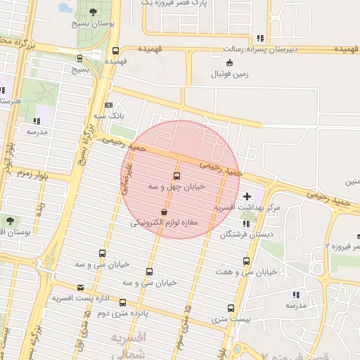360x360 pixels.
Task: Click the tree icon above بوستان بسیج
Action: click(93, 12)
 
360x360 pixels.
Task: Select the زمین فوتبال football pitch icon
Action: click(220, 61)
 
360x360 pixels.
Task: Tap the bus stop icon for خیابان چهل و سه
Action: click(176, 176)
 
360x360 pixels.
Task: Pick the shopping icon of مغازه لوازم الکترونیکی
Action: click(164, 211)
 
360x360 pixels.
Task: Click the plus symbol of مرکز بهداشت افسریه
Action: click(246, 196)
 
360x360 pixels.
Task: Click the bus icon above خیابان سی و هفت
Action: click(246, 261)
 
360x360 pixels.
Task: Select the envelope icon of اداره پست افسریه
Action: click(80, 287)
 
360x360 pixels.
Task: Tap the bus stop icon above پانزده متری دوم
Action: click(123, 302)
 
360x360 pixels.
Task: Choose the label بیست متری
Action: click(226, 320)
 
